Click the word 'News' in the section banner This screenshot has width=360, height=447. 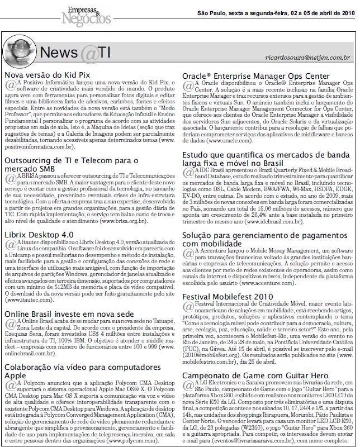(60, 54)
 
